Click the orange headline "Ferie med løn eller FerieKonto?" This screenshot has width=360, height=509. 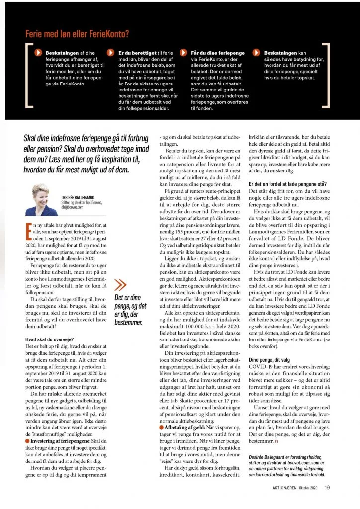pos(77,34)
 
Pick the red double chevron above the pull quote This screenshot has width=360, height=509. pos(120,285)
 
